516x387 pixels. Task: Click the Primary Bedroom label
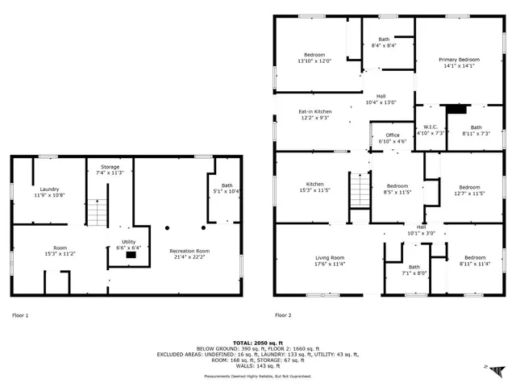pos(458,60)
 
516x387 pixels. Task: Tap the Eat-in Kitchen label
pos(315,111)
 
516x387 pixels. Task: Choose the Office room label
pos(393,135)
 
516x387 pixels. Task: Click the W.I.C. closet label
pos(431,127)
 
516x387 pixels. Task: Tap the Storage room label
pos(110,166)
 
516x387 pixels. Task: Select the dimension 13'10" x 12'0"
pos(314,60)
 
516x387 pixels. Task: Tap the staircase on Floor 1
pos(97,213)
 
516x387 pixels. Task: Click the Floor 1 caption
pos(20,315)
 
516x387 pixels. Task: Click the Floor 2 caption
pos(283,315)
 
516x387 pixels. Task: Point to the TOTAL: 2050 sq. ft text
pos(256,342)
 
